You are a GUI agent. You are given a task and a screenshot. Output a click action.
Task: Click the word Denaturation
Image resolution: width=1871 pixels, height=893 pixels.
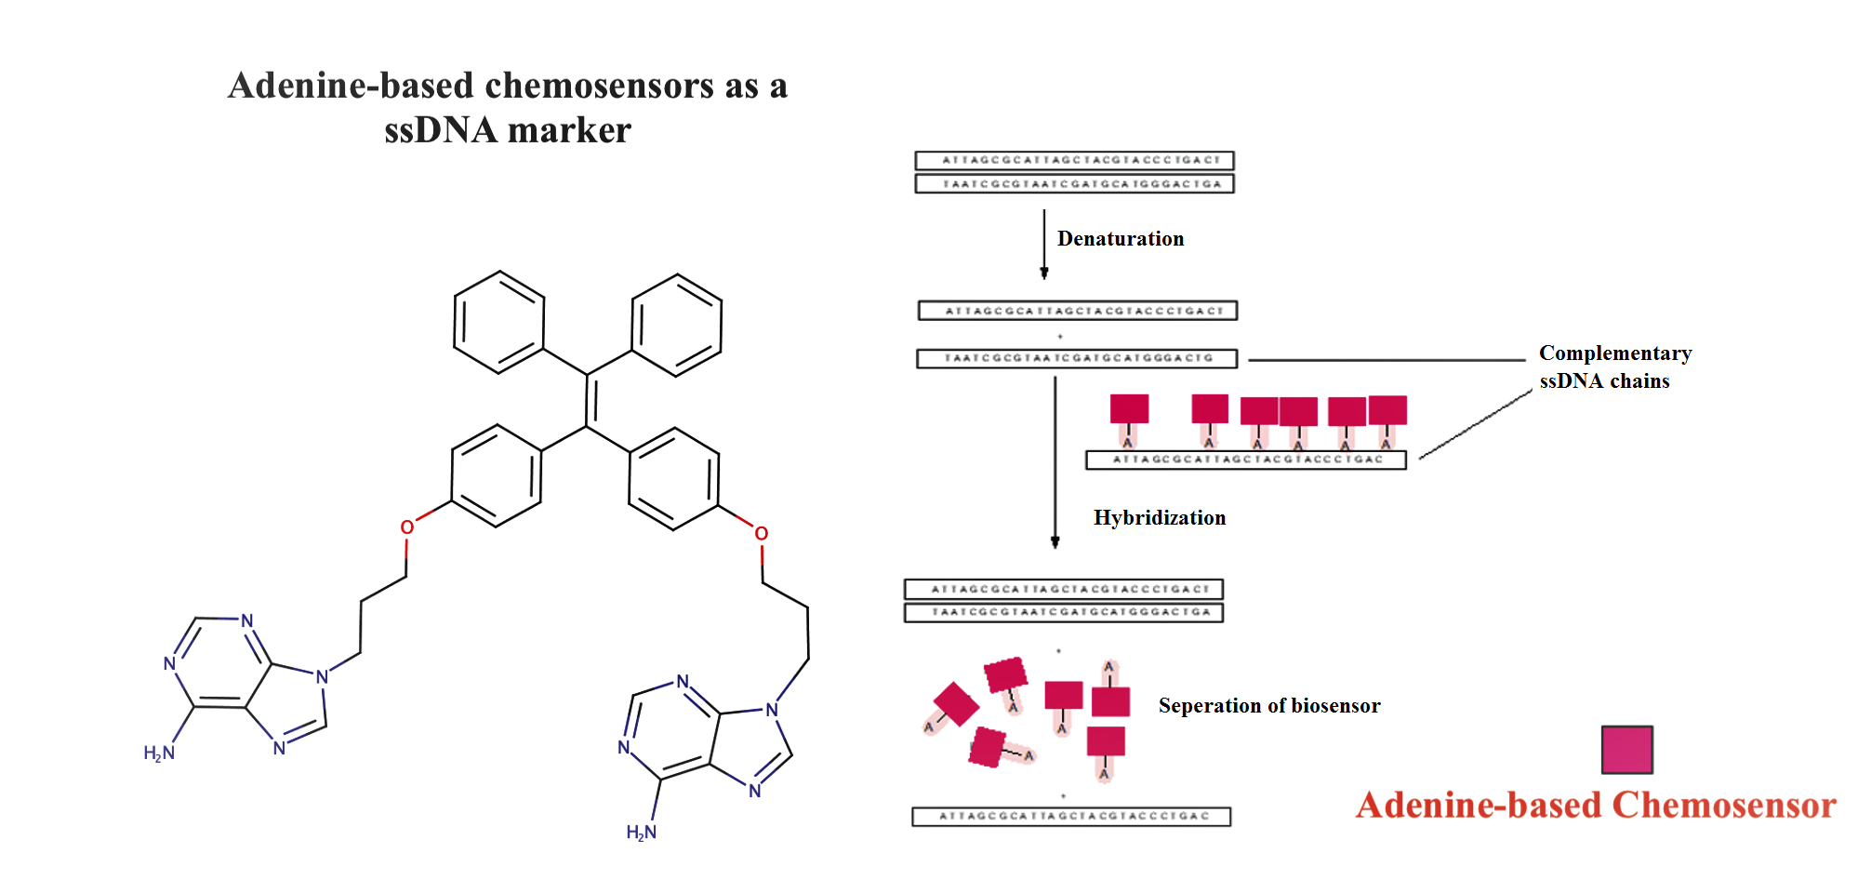[x=1120, y=239]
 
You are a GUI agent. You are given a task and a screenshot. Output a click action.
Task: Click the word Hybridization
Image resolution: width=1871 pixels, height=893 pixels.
[x=1159, y=518]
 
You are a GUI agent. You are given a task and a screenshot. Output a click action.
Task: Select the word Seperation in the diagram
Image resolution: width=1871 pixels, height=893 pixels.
[x=1201, y=706]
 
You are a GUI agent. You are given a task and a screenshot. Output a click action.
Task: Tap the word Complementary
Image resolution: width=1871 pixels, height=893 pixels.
[x=1614, y=353]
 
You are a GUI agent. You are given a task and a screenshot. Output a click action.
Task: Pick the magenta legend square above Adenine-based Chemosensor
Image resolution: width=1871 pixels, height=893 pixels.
[x=1626, y=750]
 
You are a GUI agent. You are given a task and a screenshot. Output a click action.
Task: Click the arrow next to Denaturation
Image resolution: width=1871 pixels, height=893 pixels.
[x=1044, y=244]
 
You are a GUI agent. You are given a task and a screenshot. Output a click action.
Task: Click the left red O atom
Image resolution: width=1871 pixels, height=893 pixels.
[x=407, y=527]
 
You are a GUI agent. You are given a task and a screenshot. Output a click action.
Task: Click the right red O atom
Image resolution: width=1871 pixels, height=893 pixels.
[x=762, y=533]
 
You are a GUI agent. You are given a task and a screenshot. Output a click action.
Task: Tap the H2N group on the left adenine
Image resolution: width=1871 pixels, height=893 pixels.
[x=159, y=753]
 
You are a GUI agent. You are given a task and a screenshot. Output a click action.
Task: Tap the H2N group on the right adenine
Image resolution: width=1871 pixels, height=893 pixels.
[x=642, y=833]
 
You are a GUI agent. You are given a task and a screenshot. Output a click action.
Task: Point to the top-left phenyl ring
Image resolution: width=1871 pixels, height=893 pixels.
[x=499, y=322]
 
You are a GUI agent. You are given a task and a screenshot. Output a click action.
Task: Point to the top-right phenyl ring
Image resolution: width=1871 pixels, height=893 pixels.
[x=677, y=325]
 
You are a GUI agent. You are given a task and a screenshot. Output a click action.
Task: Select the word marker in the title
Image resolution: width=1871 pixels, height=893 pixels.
[x=569, y=130]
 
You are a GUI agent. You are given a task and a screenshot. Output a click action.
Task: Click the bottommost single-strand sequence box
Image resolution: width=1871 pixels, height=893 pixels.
[x=1071, y=817]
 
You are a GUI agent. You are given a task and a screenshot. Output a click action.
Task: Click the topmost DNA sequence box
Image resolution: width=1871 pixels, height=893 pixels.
[x=1074, y=160]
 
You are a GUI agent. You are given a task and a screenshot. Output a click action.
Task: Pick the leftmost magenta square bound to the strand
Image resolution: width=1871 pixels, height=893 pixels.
[x=1129, y=408]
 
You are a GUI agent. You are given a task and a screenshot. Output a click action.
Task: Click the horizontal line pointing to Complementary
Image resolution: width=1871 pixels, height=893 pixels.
[x=1386, y=360]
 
